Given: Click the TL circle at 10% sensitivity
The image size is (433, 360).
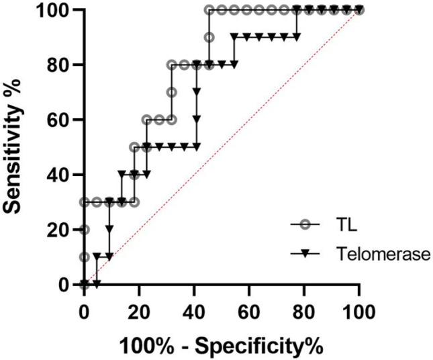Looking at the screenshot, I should (84, 257).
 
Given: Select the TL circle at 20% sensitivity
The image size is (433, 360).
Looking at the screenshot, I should (84, 230).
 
